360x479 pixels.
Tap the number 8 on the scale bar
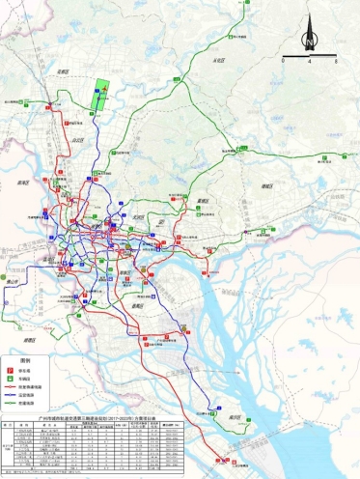[x=335, y=60]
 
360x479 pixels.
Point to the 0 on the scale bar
[x=284, y=60]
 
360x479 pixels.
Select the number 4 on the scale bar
[x=309, y=60]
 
